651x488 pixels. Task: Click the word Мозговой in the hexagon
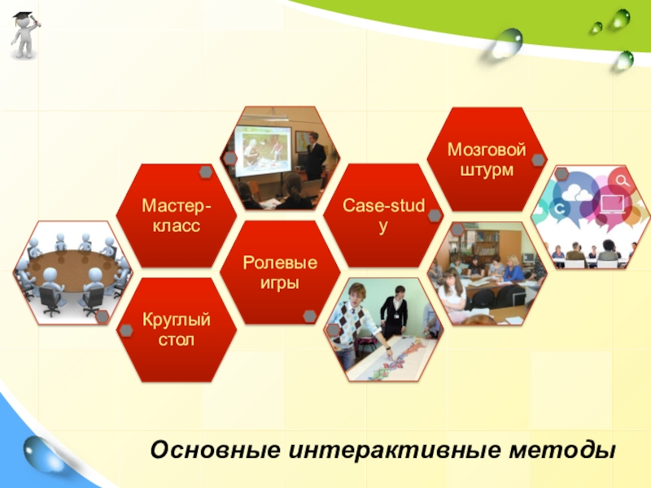coord(487,150)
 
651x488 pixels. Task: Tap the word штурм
coord(487,170)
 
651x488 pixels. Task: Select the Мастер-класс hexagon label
coord(177,216)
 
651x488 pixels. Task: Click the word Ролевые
coord(280,262)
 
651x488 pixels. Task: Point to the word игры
coord(280,283)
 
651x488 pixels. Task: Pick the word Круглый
coord(177,320)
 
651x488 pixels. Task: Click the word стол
coord(177,339)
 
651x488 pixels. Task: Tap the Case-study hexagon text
coord(383,216)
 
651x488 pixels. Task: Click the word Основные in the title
coord(216,450)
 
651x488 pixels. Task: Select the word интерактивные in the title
coord(395,450)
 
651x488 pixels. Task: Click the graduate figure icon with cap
coord(25,35)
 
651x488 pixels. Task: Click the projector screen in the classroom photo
coord(263,147)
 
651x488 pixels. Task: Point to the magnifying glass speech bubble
coord(621,181)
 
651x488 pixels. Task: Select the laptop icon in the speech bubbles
coord(613,204)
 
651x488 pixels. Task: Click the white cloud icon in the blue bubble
coord(576,192)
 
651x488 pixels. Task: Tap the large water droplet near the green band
coord(507,43)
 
